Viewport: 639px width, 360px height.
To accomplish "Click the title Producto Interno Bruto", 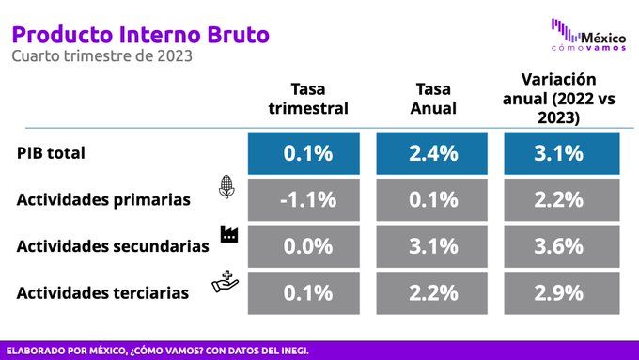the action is coord(141,35).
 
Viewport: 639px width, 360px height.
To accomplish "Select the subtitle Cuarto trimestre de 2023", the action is coord(101,55).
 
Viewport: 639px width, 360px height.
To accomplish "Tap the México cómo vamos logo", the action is coord(588,35).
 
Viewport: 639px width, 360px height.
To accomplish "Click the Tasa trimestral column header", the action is coord(308,99).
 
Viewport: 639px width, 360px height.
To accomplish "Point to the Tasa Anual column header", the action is coord(433,99).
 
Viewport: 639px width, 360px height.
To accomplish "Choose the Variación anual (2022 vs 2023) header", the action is coord(559,99).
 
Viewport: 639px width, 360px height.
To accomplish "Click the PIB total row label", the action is coord(51,153).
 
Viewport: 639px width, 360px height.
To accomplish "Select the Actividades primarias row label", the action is coord(103,200).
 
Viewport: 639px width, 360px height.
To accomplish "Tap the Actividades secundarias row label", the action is coord(113,246).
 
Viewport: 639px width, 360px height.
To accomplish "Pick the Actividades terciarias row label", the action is coord(102,292).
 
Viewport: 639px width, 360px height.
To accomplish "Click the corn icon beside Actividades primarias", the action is coord(226,187).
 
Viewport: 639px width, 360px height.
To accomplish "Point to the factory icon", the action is coord(229,234).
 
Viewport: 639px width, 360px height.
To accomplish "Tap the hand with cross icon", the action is coord(225,282).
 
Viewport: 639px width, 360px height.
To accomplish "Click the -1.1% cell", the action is coord(304,200).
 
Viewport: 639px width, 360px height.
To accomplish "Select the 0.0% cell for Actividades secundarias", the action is coord(304,246).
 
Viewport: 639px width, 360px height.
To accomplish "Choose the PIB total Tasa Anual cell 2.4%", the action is coord(431,153).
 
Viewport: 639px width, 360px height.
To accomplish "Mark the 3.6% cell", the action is coord(562,246).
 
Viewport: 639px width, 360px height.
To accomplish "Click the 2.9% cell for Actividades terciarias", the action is coord(562,292).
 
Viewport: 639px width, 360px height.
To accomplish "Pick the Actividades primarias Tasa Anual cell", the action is coord(431,200).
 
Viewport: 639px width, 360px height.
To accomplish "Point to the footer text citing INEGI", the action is coord(157,351).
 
